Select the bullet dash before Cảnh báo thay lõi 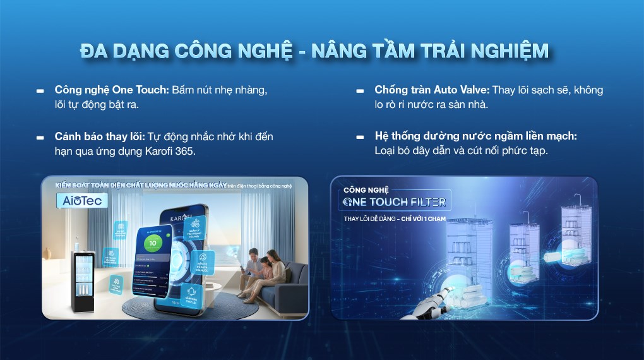(40, 137)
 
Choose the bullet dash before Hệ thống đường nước (361, 137)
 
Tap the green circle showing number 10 (153, 243)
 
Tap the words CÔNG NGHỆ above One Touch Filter (367, 189)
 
